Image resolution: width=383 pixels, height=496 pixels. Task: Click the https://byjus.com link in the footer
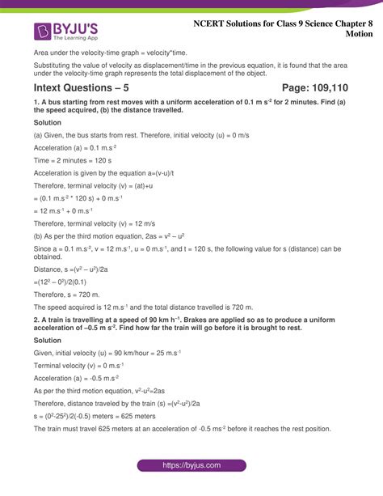pyautogui.click(x=191, y=467)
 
